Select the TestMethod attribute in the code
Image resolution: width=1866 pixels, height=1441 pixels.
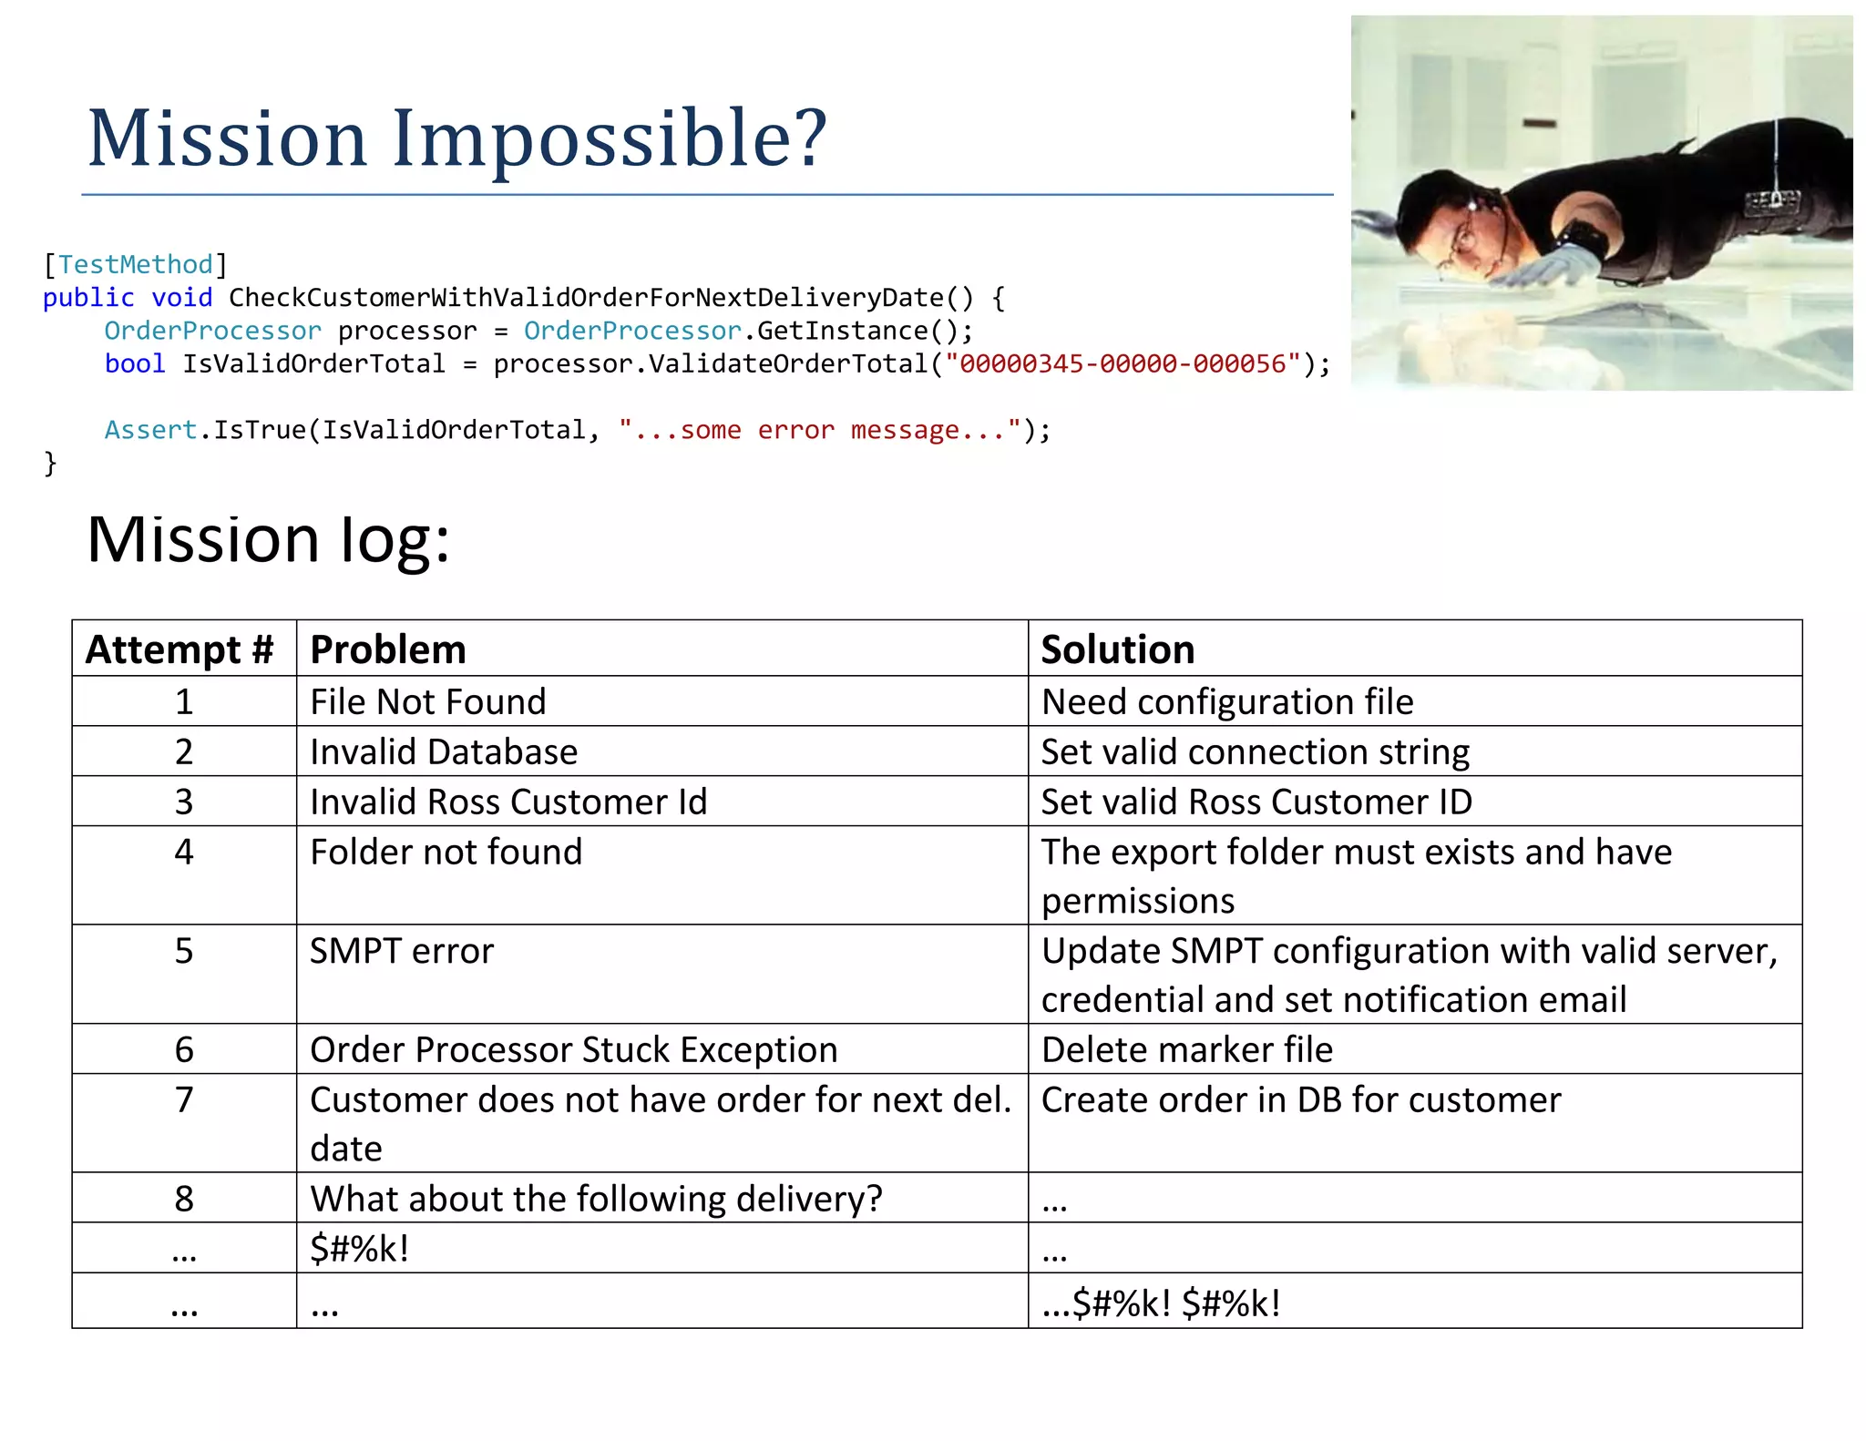(135, 264)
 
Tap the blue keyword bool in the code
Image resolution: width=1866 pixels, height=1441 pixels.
(135, 363)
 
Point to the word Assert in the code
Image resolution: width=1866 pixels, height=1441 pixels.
(150, 429)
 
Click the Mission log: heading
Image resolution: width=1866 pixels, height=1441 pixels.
(268, 539)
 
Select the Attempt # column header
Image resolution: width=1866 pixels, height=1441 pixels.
(180, 649)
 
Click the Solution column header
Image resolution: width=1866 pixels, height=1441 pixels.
(1117, 649)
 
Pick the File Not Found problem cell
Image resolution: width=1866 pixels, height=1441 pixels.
(428, 701)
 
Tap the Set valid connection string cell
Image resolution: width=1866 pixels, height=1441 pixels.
(1255, 751)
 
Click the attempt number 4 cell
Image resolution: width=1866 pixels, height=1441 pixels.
(184, 853)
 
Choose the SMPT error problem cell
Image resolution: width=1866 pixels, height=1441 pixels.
(401, 951)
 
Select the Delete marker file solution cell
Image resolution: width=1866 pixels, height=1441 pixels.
(1186, 1049)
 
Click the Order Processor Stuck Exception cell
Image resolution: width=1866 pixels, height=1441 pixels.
(573, 1049)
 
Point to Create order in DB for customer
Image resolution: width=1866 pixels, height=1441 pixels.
(1300, 1099)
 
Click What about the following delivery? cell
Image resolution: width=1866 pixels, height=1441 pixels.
(596, 1199)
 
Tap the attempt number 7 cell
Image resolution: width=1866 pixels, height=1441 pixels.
(184, 1099)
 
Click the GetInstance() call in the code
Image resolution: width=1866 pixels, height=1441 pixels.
(856, 331)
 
